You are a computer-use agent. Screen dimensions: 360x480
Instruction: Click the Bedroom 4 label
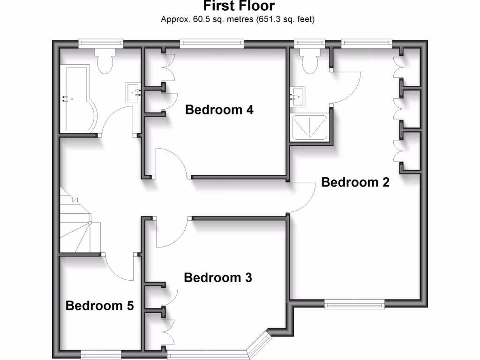coord(219,110)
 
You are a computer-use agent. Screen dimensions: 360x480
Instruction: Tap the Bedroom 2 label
coord(355,182)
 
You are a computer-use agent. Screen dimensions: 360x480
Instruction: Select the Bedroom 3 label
coord(218,277)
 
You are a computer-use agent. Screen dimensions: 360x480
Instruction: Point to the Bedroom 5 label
coord(100,306)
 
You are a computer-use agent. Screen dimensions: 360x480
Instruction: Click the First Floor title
coord(239,6)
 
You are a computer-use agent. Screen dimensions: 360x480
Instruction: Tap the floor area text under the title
coord(238,20)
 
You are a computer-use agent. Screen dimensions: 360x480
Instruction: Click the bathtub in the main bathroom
coord(78,98)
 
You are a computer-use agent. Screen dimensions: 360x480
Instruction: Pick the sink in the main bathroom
coord(133,92)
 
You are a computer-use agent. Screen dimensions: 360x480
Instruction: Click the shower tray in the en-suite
coord(310,127)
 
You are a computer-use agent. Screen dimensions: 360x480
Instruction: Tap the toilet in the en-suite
coord(310,60)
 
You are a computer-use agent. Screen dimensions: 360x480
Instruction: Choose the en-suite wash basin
coord(298,97)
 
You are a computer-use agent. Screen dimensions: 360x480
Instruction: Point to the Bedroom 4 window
coord(211,43)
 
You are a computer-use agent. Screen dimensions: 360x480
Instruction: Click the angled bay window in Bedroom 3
coord(261,345)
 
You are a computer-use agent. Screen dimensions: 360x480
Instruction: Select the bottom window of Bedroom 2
coord(354,305)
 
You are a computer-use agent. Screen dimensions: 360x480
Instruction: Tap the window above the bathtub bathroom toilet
coord(101,43)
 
